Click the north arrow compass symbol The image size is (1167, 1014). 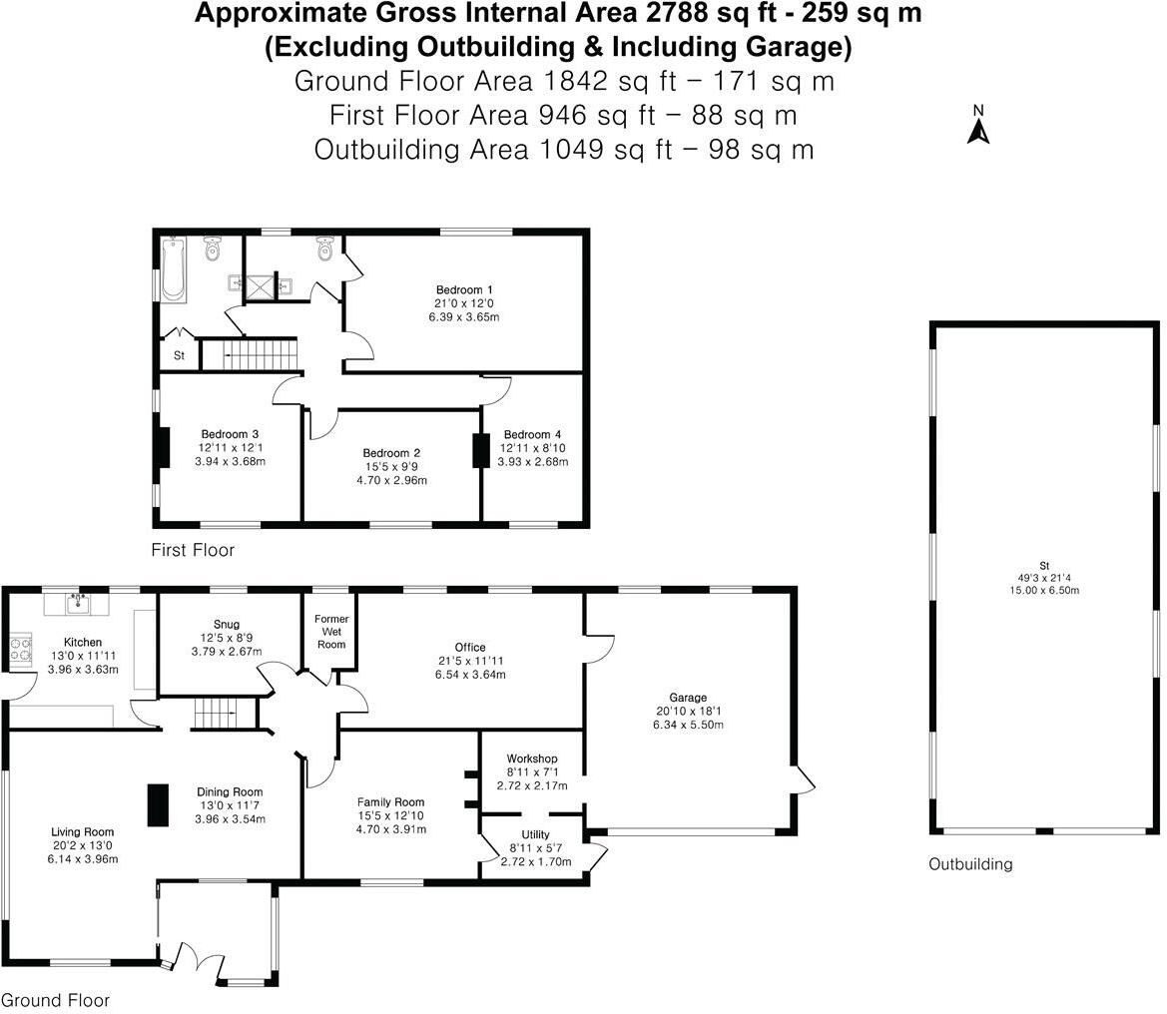(x=978, y=127)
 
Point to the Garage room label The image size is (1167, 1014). (x=688, y=698)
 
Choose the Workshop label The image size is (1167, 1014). (x=531, y=760)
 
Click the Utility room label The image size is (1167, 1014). (x=535, y=835)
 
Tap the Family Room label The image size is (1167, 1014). (x=391, y=801)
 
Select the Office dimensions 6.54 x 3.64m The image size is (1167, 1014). (x=469, y=675)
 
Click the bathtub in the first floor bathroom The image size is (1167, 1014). (x=173, y=268)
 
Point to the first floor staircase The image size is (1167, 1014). (x=250, y=353)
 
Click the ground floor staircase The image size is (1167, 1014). (x=216, y=714)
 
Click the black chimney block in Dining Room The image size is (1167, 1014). (x=158, y=804)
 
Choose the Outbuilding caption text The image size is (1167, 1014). (x=970, y=864)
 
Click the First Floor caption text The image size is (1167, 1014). (x=193, y=550)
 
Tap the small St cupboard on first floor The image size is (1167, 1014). (x=180, y=355)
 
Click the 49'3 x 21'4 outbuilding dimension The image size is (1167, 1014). (x=1043, y=578)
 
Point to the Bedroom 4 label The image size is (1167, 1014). (x=532, y=434)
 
